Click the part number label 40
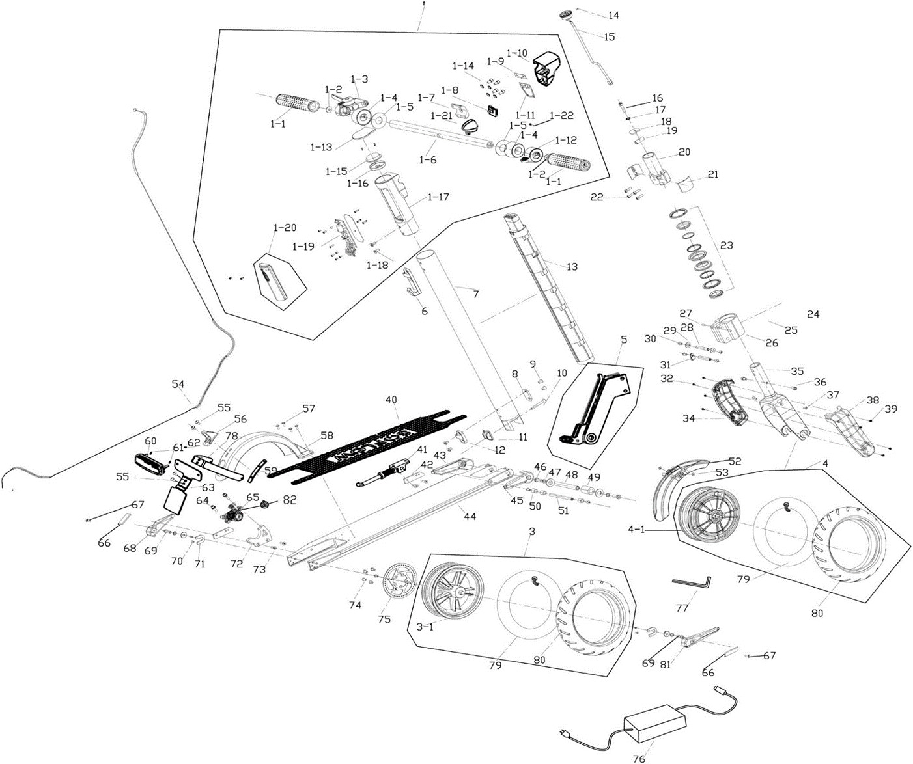point(391,398)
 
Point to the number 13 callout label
point(572,266)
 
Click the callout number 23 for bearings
point(726,245)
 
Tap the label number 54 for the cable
point(178,384)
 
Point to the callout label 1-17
point(438,197)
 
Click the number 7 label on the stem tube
point(475,294)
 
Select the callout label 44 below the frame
point(470,516)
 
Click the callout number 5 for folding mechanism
point(623,339)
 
